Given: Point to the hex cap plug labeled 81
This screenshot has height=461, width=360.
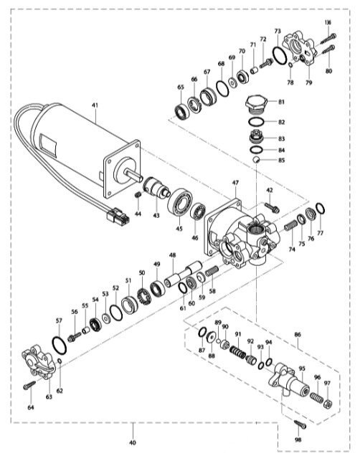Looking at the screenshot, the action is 257,105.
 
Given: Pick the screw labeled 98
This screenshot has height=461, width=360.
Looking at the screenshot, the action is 300,424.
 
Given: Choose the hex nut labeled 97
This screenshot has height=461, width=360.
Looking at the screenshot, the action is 328,404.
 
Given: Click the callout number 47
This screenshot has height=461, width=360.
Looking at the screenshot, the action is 235,183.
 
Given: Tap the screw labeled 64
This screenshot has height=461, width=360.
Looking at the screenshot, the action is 29,385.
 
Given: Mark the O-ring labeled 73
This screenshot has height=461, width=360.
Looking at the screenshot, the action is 280,55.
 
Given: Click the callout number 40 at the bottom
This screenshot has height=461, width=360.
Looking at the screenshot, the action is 133,442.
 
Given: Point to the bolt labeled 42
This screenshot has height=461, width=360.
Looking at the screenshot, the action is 272,208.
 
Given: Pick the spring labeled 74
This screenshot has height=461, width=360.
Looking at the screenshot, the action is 290,226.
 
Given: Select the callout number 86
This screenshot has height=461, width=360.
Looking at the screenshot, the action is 298,335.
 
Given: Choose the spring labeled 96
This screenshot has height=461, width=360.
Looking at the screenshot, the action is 316,398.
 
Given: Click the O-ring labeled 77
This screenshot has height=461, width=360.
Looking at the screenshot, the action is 321,209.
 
